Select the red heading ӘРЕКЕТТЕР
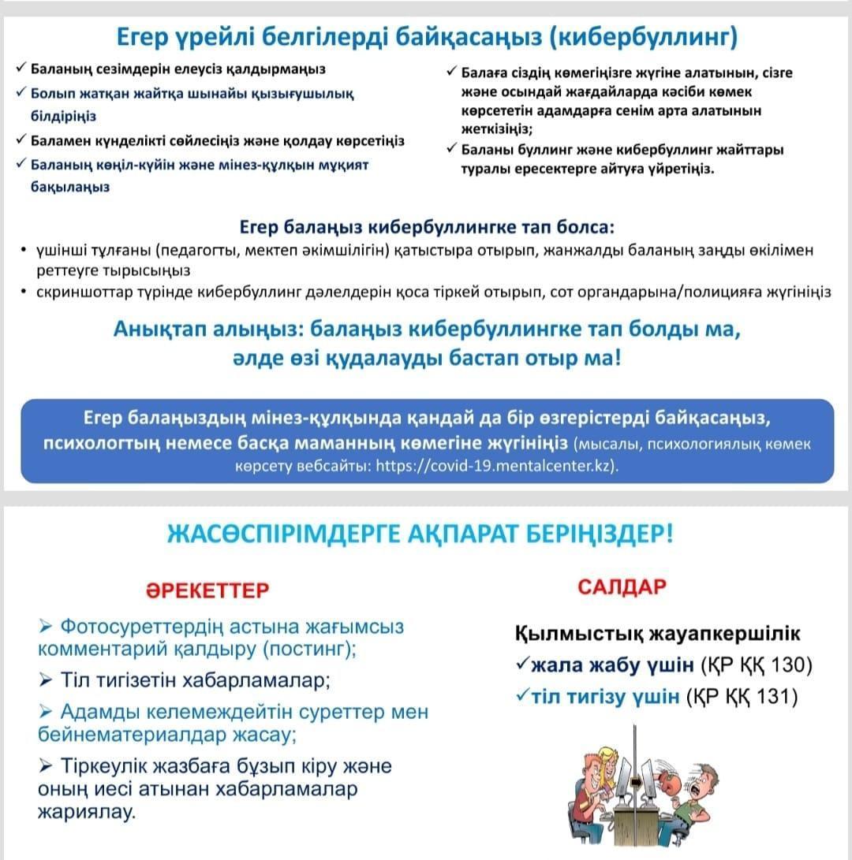[207, 590]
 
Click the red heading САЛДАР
[622, 586]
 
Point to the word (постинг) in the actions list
[308, 650]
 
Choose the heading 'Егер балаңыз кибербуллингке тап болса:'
[425, 228]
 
